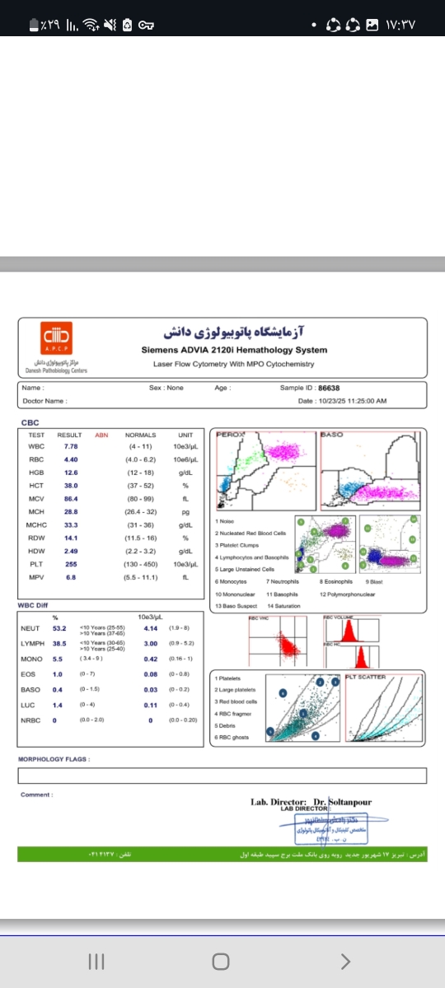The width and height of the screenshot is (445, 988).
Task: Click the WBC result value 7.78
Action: [x=71, y=445]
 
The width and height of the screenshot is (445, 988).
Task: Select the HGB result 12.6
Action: [x=71, y=472]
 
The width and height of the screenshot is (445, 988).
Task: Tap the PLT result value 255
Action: [x=71, y=564]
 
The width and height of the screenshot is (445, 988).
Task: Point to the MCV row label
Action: [x=35, y=498]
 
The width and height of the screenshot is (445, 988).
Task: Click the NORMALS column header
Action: [x=140, y=435]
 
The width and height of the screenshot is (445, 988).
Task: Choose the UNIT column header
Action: [x=185, y=435]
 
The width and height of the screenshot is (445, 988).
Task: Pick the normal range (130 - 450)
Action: [x=140, y=564]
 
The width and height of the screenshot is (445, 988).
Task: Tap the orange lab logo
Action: [x=57, y=337]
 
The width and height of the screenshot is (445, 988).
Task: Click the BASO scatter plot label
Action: [x=331, y=433]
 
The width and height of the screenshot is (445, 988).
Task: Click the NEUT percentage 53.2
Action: [x=59, y=628]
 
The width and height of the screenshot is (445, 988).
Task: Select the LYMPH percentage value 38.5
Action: [x=59, y=643]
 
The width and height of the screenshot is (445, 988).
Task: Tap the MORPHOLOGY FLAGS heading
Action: [x=54, y=759]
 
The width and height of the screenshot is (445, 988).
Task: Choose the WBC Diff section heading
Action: [x=32, y=605]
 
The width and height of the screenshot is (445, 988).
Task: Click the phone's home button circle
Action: [x=220, y=962]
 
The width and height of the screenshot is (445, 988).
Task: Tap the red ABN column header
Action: [x=101, y=435]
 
